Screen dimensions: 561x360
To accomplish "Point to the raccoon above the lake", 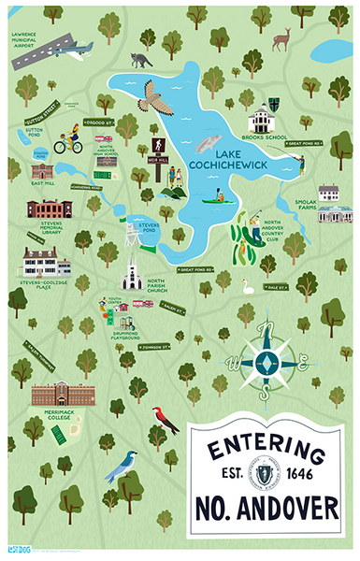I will [142, 60].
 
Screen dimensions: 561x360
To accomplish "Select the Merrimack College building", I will [63, 395].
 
